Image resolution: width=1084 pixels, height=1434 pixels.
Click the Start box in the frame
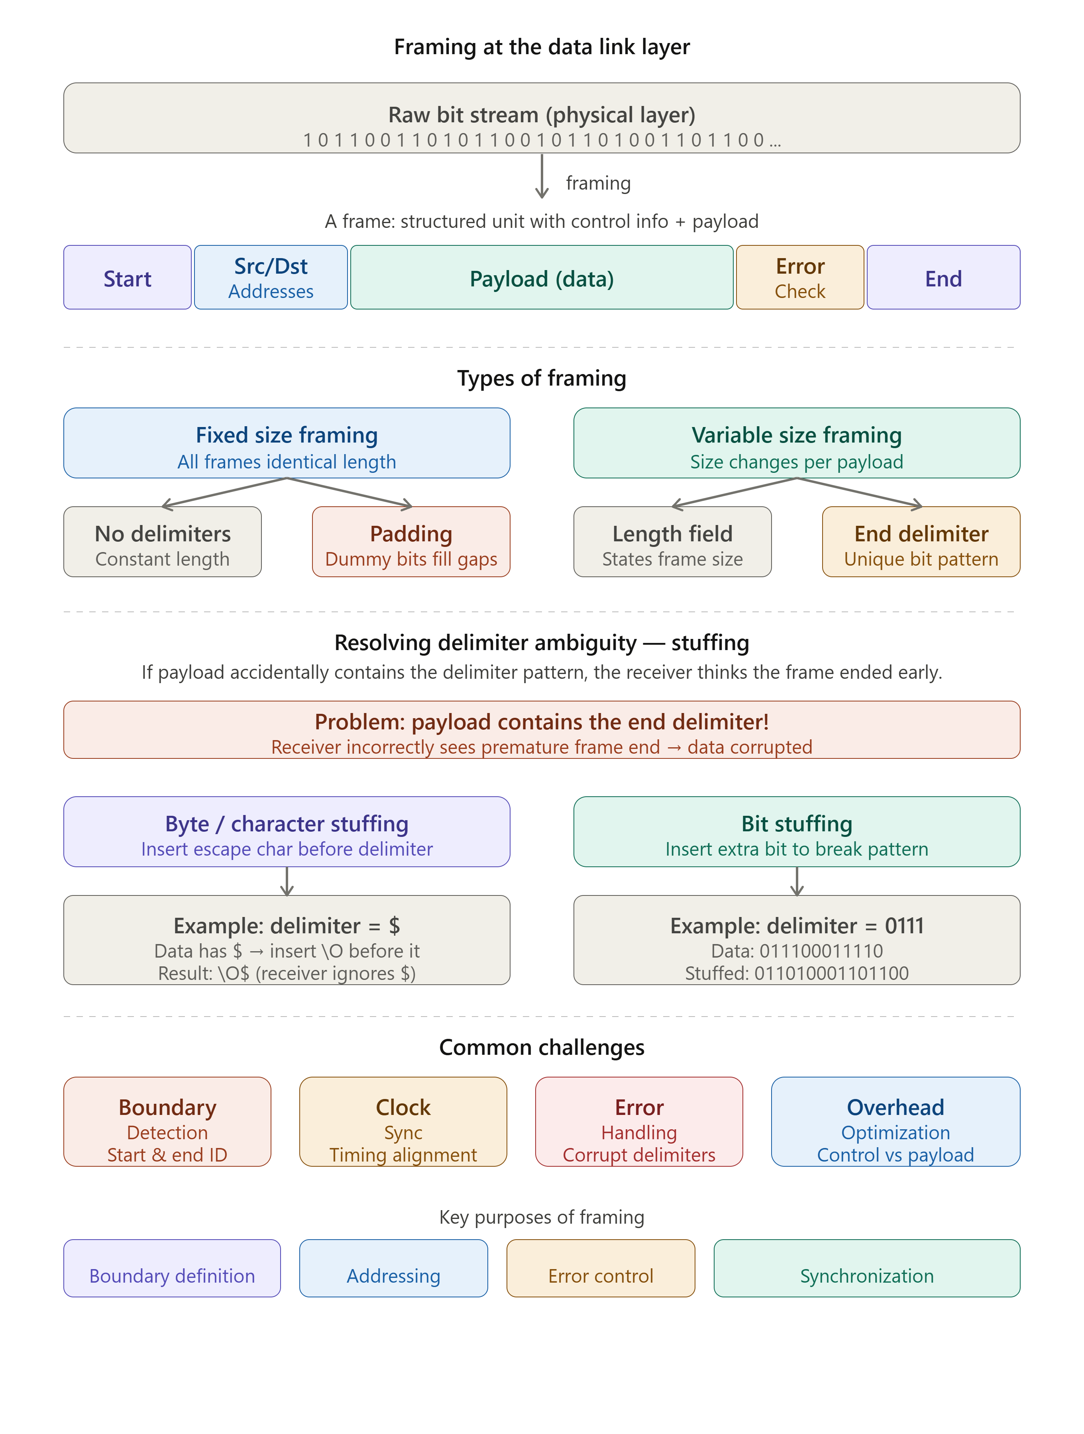(127, 278)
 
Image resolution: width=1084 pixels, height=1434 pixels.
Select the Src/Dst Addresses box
(271, 278)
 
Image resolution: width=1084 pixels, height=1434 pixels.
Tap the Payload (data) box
(542, 278)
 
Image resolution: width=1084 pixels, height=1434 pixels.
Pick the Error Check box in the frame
(800, 278)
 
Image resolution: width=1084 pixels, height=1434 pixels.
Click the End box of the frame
(943, 278)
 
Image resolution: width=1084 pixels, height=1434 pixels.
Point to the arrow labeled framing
(542, 176)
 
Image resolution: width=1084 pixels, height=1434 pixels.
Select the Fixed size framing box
(287, 443)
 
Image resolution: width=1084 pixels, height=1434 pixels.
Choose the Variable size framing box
(797, 443)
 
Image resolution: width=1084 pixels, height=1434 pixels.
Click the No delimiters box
(162, 541)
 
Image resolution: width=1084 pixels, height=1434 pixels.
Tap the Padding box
(411, 541)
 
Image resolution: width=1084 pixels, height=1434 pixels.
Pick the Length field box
(673, 541)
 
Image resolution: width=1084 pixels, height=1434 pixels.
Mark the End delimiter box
(921, 541)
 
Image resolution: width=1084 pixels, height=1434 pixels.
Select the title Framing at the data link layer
(542, 47)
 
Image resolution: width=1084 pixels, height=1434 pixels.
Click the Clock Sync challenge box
(403, 1122)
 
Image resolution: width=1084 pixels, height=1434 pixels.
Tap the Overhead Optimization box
(895, 1122)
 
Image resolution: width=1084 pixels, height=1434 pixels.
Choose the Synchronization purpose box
(867, 1268)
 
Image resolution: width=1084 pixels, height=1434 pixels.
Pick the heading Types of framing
(542, 378)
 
